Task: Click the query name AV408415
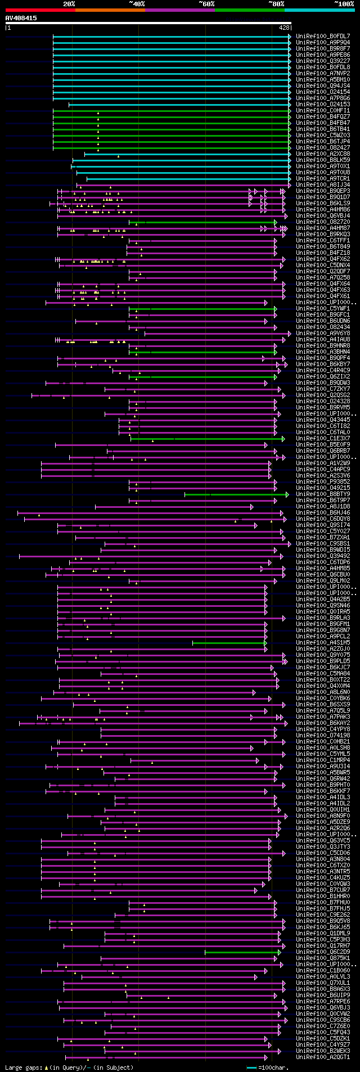pos(21,18)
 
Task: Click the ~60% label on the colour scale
pos(206,4)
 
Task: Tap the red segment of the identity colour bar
pos(40,10)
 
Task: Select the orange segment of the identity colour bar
pos(110,10)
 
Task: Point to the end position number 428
pos(284,28)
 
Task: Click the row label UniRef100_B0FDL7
pos(323,37)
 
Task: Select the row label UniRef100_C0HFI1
pos(323,111)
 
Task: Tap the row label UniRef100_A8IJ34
pos(323,185)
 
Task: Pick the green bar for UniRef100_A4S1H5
pos(228,643)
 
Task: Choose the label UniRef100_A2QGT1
pos(323,1057)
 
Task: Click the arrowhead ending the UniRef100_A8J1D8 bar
pos(252,507)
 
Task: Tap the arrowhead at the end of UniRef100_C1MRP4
pos(258,760)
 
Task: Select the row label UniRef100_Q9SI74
pos(323,525)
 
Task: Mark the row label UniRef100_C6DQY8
pos(323,519)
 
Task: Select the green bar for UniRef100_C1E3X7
pos(208,439)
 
